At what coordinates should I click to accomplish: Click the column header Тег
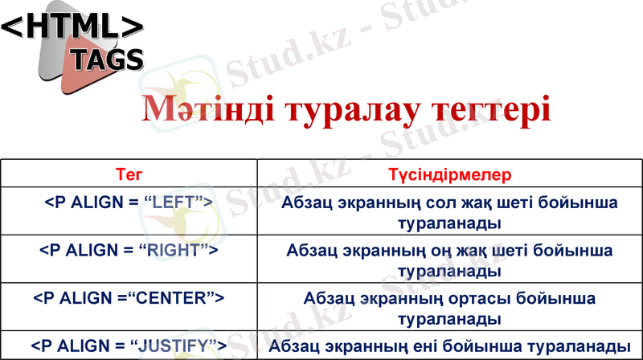click(129, 174)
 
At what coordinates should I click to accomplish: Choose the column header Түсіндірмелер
click(449, 174)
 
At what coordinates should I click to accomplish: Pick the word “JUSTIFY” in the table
click(176, 346)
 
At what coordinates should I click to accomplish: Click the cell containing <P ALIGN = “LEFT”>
click(129, 201)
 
